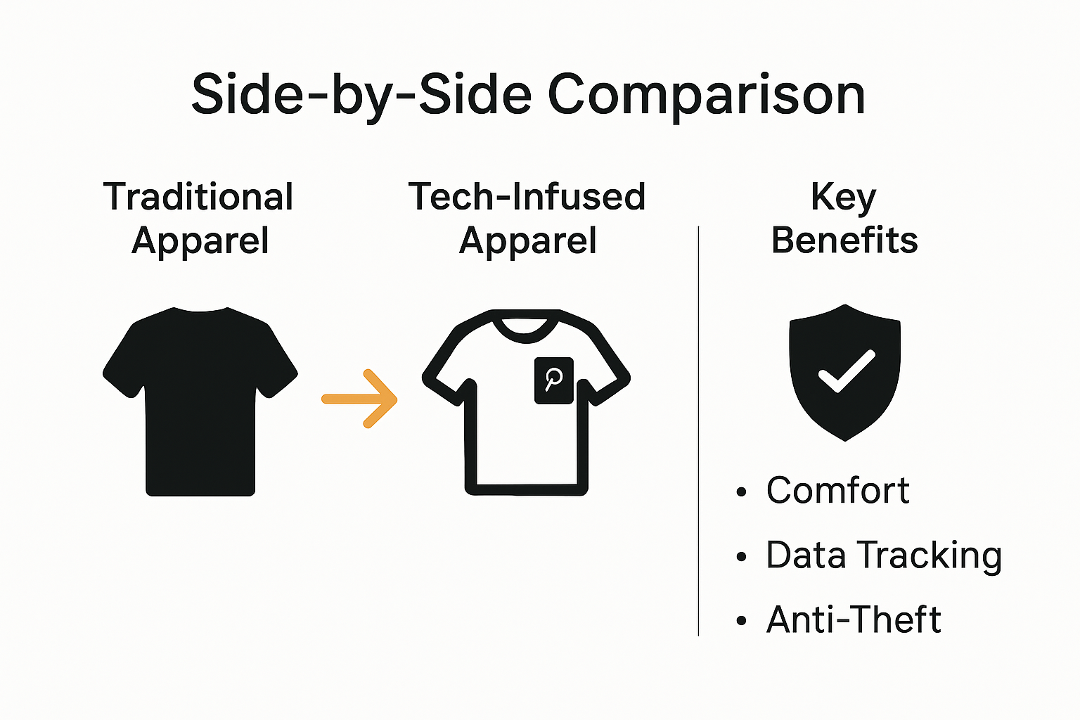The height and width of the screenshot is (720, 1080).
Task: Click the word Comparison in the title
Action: click(x=706, y=95)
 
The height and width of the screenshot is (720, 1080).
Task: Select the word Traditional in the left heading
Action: click(x=198, y=197)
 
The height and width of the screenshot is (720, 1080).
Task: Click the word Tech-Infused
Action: click(x=527, y=197)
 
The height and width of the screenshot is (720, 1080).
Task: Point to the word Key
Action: click(x=844, y=197)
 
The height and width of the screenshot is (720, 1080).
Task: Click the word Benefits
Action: click(x=844, y=240)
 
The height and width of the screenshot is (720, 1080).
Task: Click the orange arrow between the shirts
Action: click(x=360, y=399)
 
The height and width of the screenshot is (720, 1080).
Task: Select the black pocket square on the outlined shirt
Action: click(x=554, y=380)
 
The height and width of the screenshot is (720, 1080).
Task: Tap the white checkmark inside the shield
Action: click(x=847, y=371)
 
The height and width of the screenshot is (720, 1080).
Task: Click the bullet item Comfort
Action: click(x=837, y=490)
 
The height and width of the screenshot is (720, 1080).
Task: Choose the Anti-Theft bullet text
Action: click(x=854, y=619)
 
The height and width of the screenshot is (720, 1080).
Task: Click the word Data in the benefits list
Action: click(x=806, y=555)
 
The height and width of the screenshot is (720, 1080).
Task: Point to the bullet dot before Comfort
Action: click(x=741, y=492)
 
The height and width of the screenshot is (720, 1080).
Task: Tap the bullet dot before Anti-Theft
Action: click(x=741, y=622)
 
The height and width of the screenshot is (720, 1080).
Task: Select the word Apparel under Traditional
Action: click(x=200, y=241)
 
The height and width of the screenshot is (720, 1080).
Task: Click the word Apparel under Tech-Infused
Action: click(x=527, y=241)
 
